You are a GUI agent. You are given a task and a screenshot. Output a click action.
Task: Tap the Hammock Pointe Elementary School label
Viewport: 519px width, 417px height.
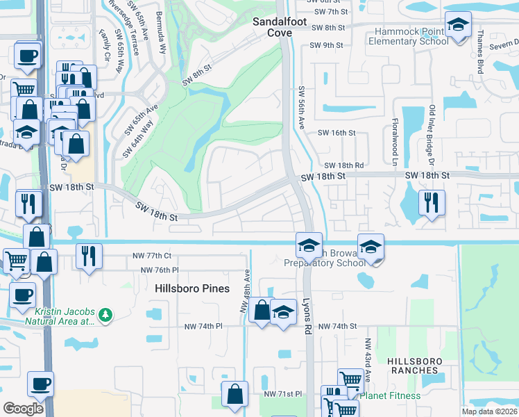point(411,36)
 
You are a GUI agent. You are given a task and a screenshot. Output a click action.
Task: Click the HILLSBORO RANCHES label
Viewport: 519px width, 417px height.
point(413,365)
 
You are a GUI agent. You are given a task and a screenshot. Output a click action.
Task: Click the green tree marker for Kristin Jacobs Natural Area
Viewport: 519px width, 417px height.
point(105,316)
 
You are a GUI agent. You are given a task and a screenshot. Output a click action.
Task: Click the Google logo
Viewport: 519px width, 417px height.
point(23,408)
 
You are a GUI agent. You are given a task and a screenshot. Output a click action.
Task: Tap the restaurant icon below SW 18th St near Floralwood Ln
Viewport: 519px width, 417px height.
point(432,202)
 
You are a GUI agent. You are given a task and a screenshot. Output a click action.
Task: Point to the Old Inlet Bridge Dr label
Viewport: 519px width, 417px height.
point(432,135)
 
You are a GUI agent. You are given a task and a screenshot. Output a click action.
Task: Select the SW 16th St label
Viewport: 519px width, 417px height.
point(337,133)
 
